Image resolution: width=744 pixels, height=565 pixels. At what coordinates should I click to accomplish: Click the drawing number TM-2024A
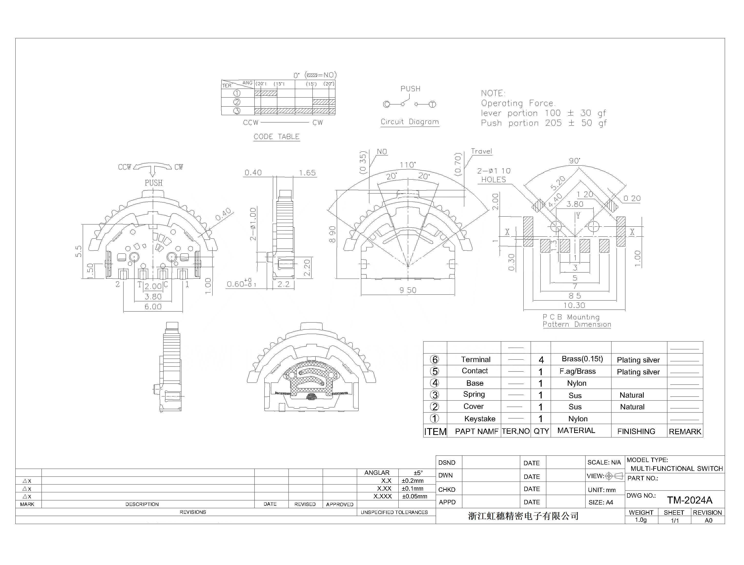tap(690, 500)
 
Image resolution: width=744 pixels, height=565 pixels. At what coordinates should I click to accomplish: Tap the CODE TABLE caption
tap(276, 137)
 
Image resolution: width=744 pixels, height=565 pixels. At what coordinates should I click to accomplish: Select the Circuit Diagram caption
tap(410, 122)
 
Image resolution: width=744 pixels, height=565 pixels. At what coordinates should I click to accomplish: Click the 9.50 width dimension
tap(408, 290)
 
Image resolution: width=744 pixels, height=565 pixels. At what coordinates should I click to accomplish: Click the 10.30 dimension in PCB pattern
tap(574, 305)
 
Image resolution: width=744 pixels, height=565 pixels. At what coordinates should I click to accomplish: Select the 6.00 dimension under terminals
tap(153, 307)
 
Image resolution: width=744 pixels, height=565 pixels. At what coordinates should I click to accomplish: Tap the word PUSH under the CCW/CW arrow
tap(154, 183)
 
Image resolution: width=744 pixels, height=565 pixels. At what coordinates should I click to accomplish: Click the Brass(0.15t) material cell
tap(582, 359)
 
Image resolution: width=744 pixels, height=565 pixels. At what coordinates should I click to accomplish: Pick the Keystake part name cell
tap(479, 419)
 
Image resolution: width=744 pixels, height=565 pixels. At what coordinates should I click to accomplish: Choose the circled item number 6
tap(435, 360)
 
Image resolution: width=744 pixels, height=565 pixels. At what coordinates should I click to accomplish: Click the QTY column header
tap(541, 431)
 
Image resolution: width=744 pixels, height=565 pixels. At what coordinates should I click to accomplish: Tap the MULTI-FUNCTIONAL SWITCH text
tap(676, 468)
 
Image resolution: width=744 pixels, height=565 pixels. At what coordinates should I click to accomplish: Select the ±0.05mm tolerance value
tap(414, 496)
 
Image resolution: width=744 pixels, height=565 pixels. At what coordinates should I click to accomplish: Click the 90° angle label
tap(575, 161)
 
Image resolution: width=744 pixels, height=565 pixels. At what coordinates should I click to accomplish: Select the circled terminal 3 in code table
tap(237, 111)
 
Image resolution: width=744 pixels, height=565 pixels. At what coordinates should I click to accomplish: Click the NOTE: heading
tap(493, 93)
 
